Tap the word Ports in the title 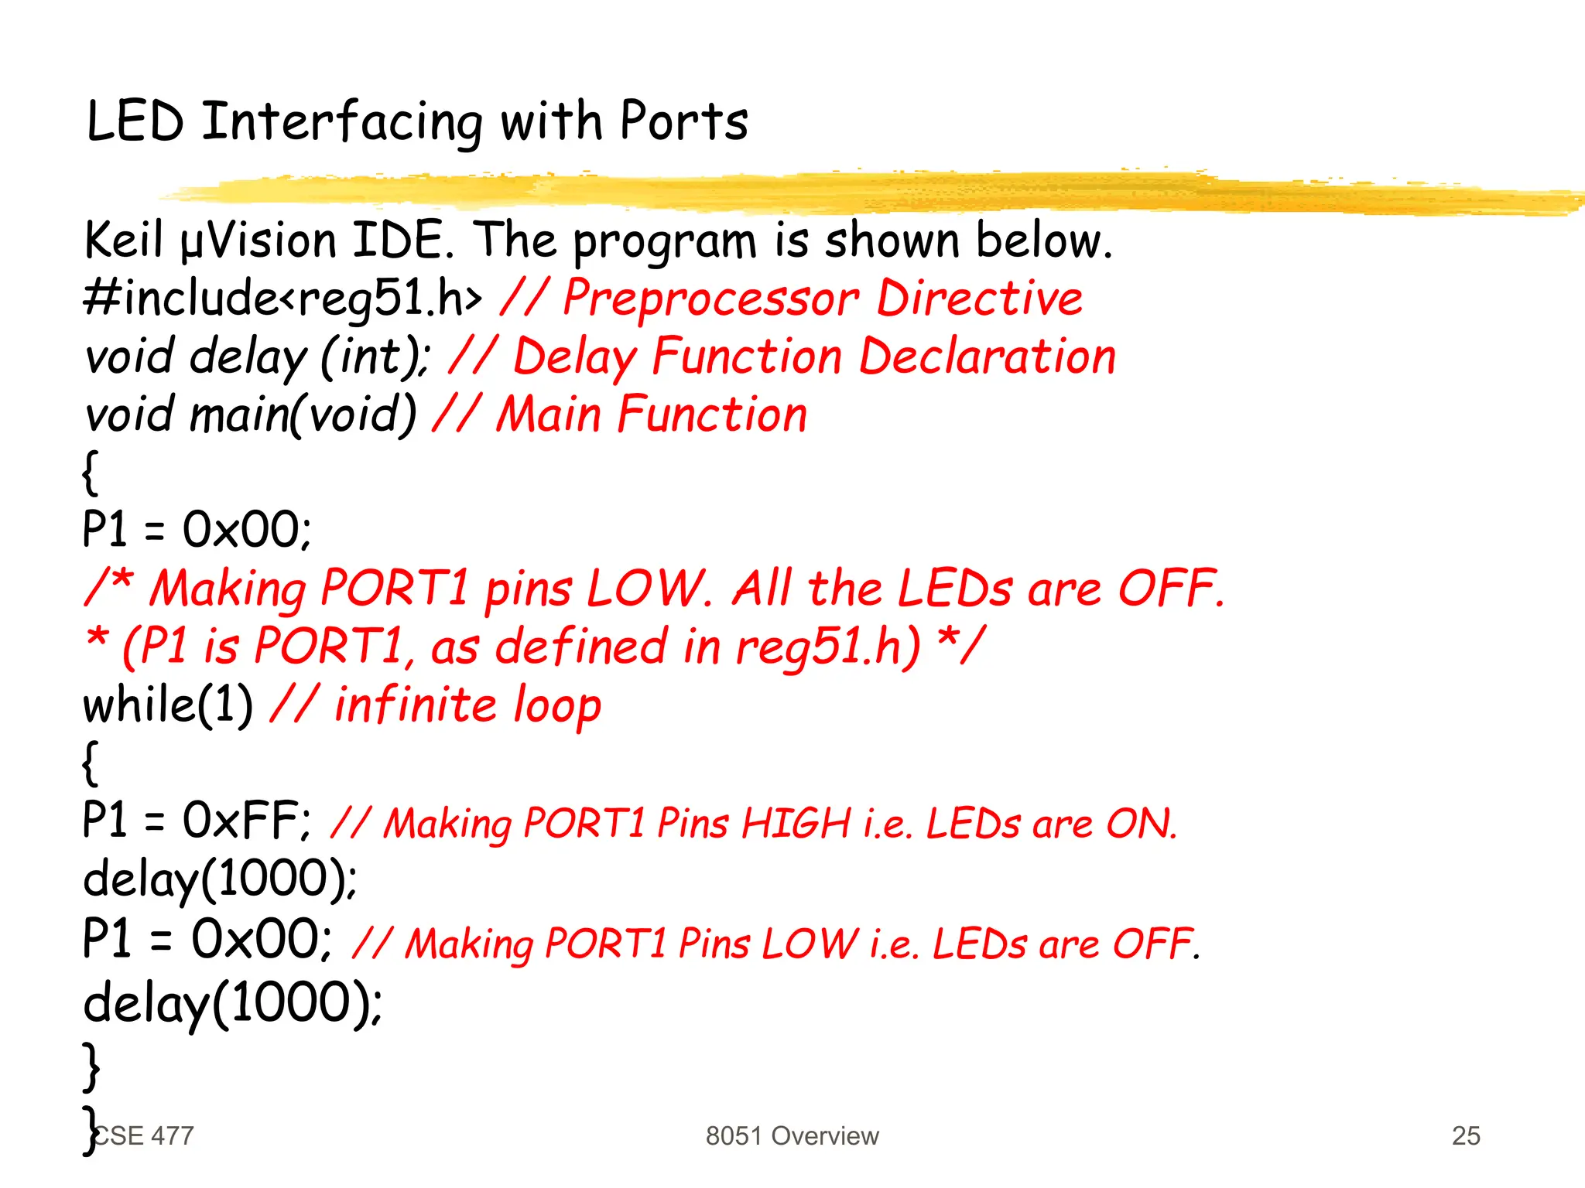point(684,122)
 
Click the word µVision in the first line point(258,240)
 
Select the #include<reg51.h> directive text point(283,299)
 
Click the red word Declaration point(988,357)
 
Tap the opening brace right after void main point(91,472)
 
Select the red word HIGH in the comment point(796,823)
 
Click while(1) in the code point(168,705)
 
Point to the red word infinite point(415,705)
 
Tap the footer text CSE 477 point(145,1135)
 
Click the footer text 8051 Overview point(792,1135)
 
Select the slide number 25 point(1466,1135)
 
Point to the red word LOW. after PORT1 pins point(649,589)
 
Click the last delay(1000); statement point(232,1004)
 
